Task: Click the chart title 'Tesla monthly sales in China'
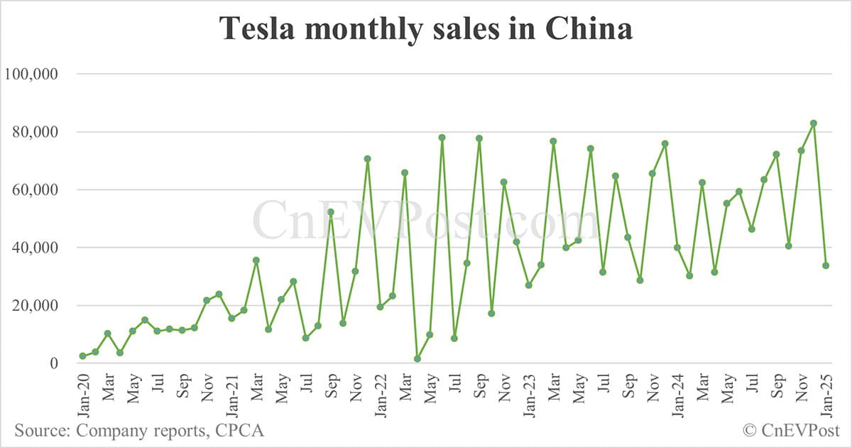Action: pos(425,29)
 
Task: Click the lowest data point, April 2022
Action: pos(417,359)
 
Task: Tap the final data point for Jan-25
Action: pos(826,266)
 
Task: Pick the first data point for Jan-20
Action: pos(82,356)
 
